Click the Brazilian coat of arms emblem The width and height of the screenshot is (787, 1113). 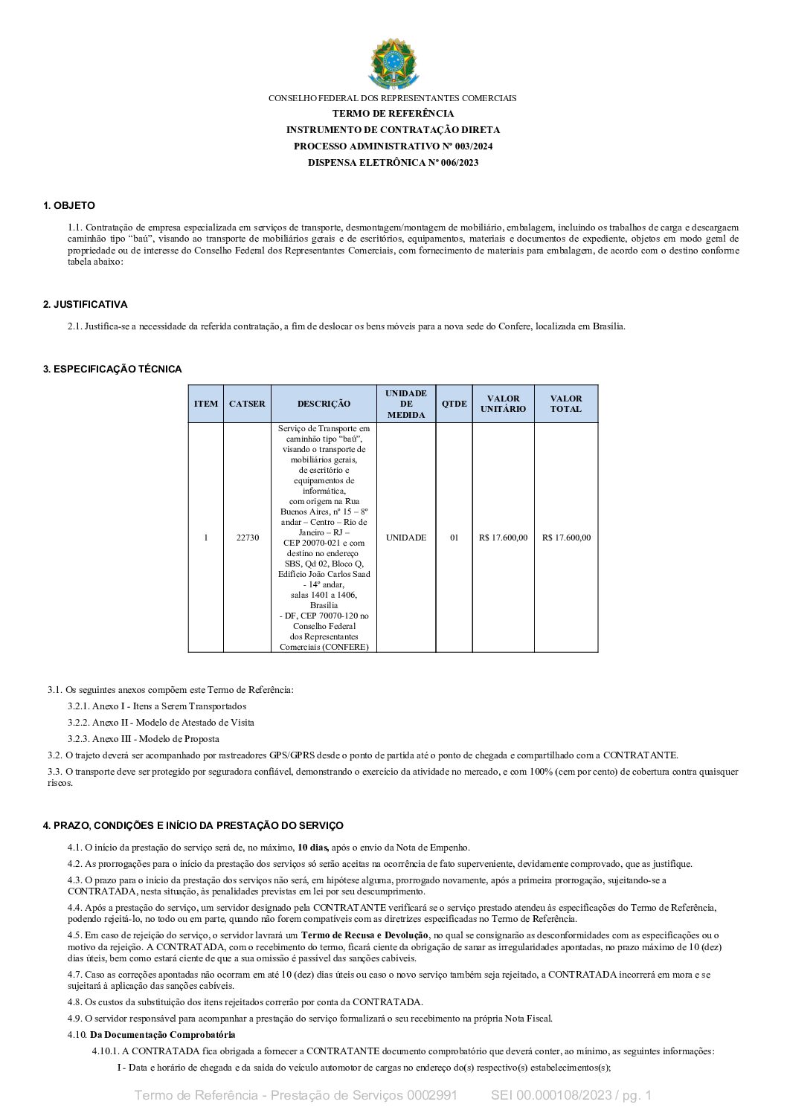(x=393, y=63)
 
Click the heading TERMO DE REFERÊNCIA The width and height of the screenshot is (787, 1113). (x=393, y=114)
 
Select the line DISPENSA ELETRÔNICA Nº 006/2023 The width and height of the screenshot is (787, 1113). (x=393, y=163)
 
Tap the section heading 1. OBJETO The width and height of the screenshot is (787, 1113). (x=69, y=206)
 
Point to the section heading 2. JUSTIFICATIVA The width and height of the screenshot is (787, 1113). (x=85, y=305)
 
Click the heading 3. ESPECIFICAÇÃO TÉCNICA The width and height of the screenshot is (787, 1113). (x=112, y=370)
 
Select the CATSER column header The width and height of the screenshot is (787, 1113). (x=247, y=404)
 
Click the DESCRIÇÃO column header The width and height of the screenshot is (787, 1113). (x=324, y=404)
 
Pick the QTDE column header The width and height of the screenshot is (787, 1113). (x=454, y=404)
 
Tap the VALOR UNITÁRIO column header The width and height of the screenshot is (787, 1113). (x=503, y=404)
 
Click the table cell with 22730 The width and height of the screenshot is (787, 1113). (x=247, y=538)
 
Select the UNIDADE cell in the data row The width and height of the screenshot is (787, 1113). (x=406, y=538)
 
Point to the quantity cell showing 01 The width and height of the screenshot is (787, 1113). (x=454, y=538)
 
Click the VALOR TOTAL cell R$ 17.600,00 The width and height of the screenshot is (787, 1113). (x=566, y=538)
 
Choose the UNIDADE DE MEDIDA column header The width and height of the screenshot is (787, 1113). (x=406, y=404)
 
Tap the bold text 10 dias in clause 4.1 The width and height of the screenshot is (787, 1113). (x=313, y=848)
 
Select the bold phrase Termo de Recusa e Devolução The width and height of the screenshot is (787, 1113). (x=364, y=935)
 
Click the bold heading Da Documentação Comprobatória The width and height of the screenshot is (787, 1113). (x=162, y=1035)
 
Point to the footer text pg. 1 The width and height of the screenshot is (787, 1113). (x=637, y=1095)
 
